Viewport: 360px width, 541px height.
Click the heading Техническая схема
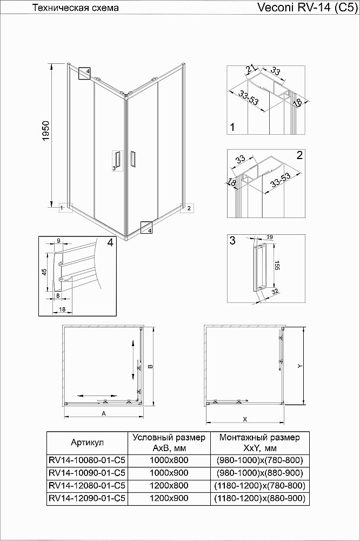76,8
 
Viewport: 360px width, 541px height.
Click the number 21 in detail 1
250,69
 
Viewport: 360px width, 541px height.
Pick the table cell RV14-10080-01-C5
87,460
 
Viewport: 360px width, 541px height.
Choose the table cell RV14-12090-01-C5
87,498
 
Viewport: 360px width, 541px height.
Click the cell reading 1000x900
169,473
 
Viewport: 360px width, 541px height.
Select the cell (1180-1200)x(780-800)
260,485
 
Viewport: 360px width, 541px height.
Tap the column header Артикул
87,443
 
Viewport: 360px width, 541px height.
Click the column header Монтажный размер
260,437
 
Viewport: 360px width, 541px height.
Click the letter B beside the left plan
151,366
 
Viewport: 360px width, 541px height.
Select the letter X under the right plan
244,419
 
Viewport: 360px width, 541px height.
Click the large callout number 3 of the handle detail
232,241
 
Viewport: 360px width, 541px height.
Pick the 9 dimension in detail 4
58,241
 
